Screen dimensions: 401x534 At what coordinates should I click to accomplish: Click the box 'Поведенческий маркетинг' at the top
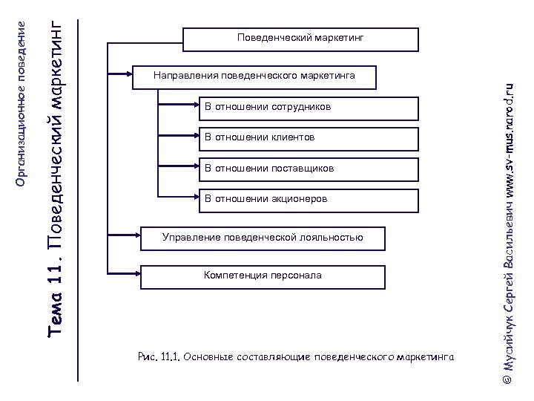[x=300, y=39]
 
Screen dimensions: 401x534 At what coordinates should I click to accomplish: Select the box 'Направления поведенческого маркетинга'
[x=254, y=76]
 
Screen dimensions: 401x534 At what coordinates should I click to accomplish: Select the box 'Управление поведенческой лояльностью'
[x=263, y=238]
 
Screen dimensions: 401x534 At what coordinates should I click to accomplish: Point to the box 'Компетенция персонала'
[x=263, y=276]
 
